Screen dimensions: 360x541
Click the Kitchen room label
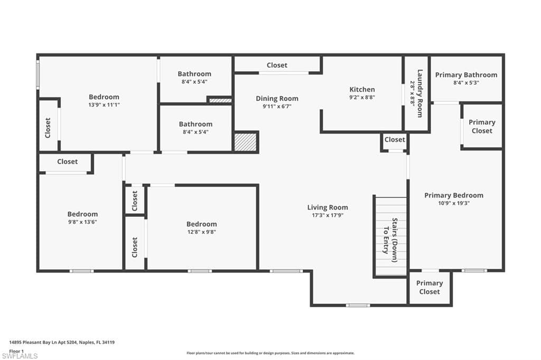pos(362,89)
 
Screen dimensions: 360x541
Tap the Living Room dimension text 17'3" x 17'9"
pos(328,215)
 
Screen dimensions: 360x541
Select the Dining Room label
pos(277,98)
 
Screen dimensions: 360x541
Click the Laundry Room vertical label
pos(420,93)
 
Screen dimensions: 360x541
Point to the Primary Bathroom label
pos(466,75)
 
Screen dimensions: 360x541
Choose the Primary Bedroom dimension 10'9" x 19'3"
pos(453,203)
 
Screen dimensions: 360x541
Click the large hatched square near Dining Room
pos(245,142)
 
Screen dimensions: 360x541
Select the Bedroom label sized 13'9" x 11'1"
pos(104,97)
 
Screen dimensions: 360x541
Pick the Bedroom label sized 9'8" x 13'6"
pos(82,214)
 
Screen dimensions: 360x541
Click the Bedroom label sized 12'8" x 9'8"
pos(201,224)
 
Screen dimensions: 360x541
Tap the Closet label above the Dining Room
pos(277,65)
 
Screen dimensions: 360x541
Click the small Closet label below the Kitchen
pos(395,140)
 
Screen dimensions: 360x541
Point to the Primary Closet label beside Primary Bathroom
pos(482,126)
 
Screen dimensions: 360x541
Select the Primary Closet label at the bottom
pos(429,287)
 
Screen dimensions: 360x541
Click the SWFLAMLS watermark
pos(20,356)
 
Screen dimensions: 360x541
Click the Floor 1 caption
pos(16,350)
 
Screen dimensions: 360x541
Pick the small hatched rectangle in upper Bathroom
pos(219,99)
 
